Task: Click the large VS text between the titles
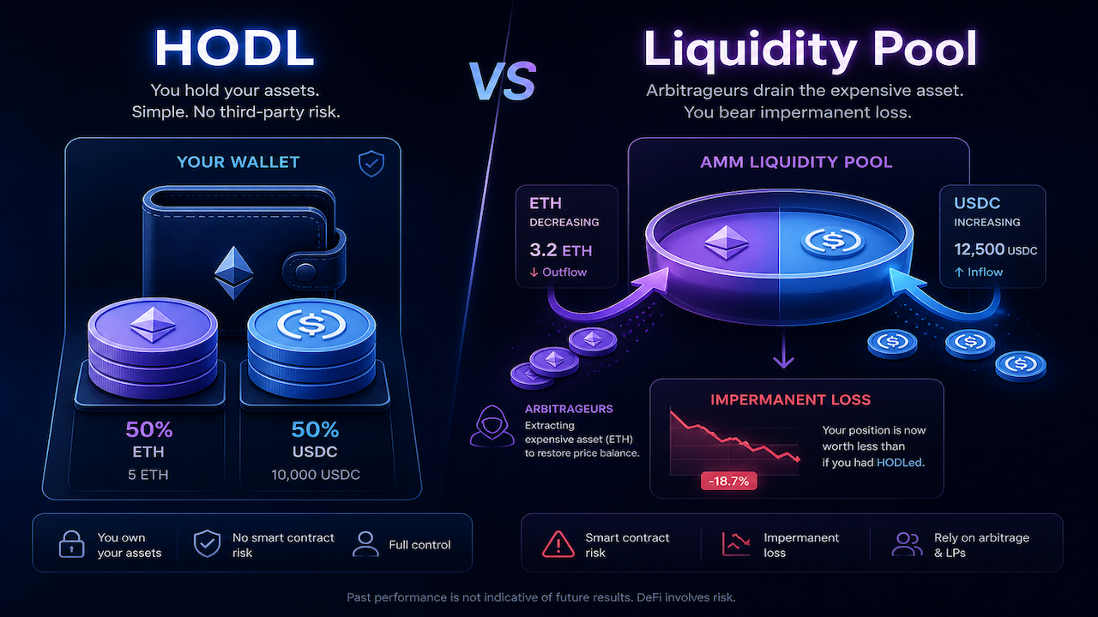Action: [x=503, y=81]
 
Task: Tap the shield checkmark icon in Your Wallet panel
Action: [x=371, y=163]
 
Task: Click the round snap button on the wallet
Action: [x=305, y=272]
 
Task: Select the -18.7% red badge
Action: [x=729, y=481]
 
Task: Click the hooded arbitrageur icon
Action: [x=492, y=426]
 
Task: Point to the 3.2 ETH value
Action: [x=561, y=250]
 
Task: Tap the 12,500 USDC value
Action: [x=995, y=249]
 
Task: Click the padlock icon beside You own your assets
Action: [x=71, y=544]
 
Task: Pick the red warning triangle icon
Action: [x=558, y=544]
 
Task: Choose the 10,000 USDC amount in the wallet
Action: [x=316, y=475]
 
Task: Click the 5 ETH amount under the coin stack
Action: [x=148, y=475]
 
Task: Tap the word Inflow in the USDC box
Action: [x=985, y=273]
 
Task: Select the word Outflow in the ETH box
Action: [x=564, y=273]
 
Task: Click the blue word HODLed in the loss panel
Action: [x=899, y=463]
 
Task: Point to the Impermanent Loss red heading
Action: [x=791, y=399]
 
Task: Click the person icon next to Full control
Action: [x=365, y=544]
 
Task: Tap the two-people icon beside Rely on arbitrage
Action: [x=908, y=544]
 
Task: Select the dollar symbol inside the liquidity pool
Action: [x=833, y=240]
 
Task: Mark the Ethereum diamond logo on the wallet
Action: [x=234, y=273]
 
